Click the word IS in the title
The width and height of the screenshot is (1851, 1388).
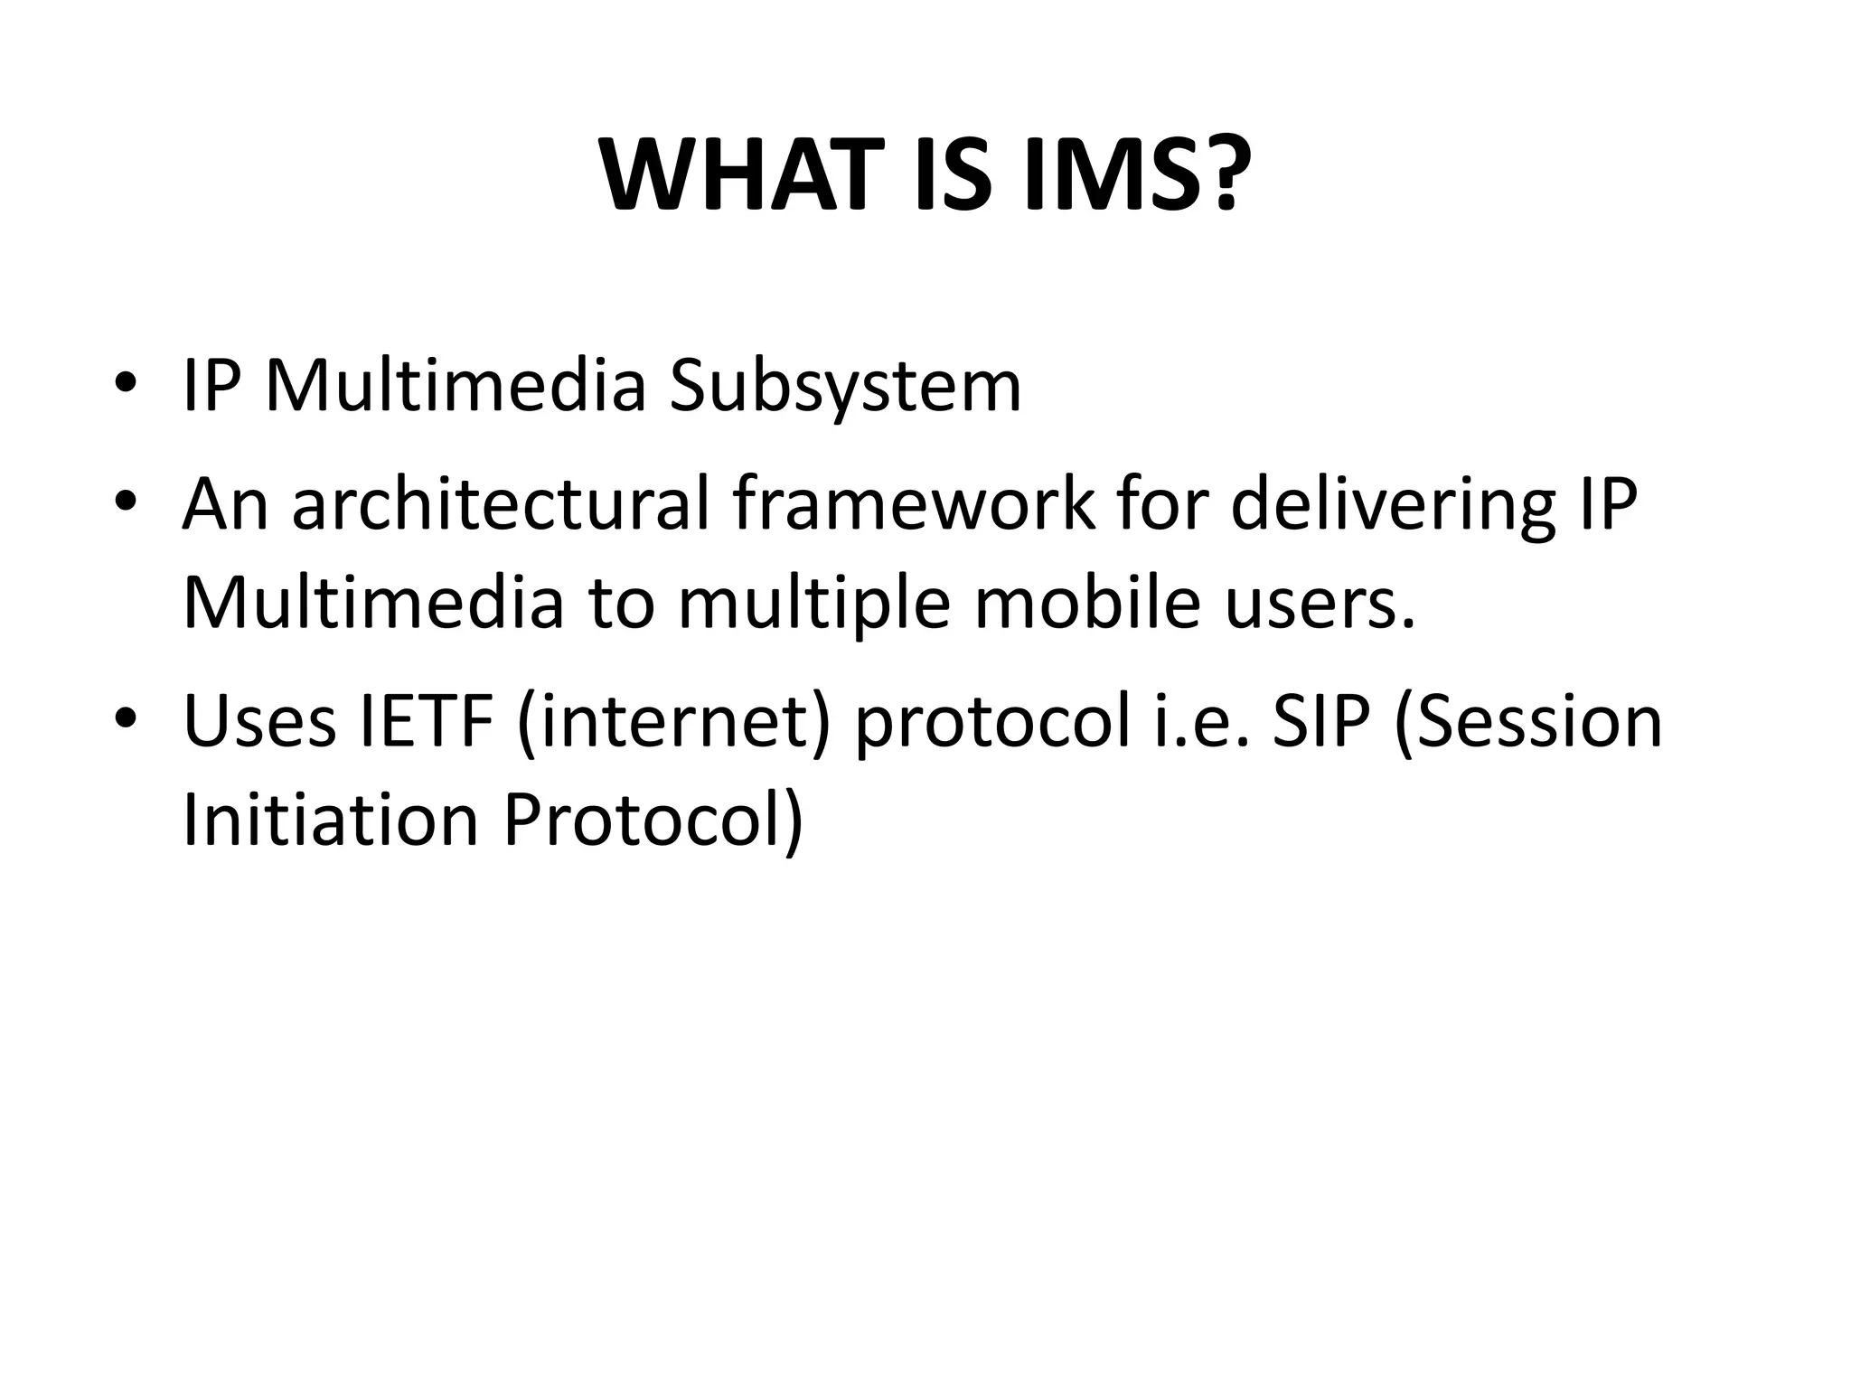pyautogui.click(x=953, y=176)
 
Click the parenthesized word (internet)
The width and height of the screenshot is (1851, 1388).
pyautogui.click(x=673, y=723)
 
